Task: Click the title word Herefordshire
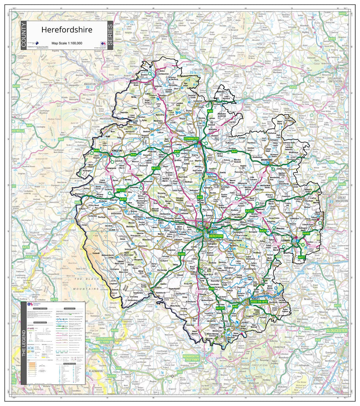[67, 30]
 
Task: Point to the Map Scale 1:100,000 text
[67, 43]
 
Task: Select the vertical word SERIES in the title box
[110, 36]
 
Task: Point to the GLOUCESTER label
[336, 330]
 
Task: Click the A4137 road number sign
[220, 308]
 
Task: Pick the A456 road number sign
[293, 87]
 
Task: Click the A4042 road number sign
[112, 375]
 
